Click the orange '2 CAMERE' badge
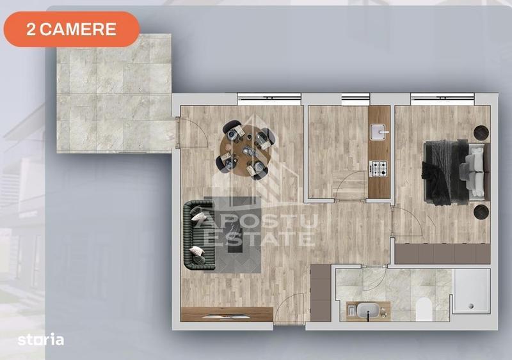(72, 29)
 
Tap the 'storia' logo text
(41, 340)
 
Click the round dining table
(248, 148)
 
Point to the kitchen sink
(380, 132)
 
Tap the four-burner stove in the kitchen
(380, 169)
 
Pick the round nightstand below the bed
(481, 212)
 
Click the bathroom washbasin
(368, 311)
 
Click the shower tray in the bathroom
(472, 292)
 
